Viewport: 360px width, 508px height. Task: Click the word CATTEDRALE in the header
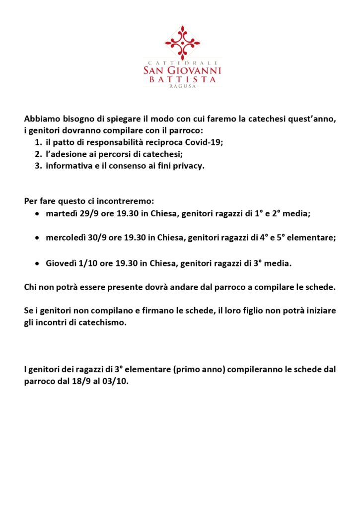182,63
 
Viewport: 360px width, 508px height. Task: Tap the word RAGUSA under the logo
182,85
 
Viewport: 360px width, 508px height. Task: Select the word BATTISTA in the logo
182,79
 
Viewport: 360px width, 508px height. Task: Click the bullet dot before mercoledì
37,238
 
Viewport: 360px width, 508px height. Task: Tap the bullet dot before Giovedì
37,264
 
